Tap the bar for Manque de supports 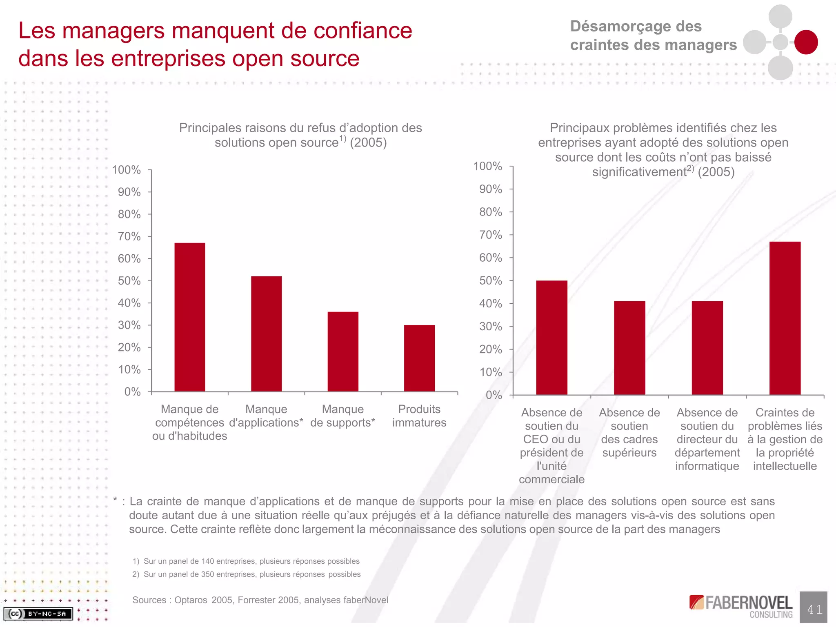click(x=343, y=351)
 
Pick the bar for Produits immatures click(x=419, y=358)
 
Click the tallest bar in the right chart click(x=785, y=318)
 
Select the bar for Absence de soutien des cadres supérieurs click(x=629, y=348)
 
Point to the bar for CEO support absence click(x=551, y=338)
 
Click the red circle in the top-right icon click(x=806, y=42)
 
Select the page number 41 click(x=814, y=609)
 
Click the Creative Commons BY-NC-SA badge click(x=38, y=614)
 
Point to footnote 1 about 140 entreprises click(x=246, y=561)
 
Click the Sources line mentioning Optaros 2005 click(x=260, y=600)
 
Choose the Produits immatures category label click(x=419, y=416)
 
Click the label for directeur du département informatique click(x=707, y=439)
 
